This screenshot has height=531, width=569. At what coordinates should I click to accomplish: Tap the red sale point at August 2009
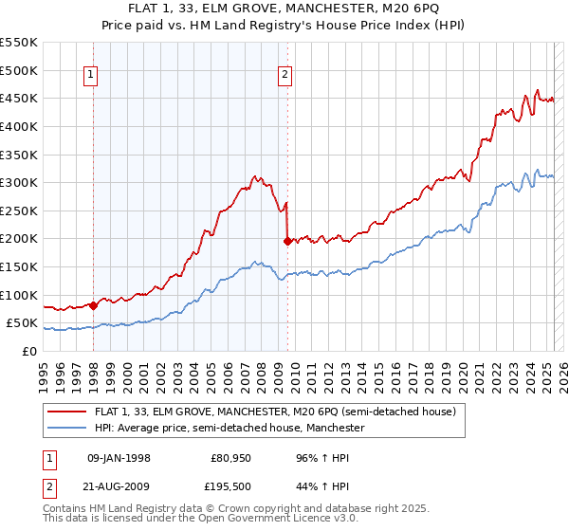[x=287, y=241]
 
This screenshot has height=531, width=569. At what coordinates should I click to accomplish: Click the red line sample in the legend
[x=67, y=412]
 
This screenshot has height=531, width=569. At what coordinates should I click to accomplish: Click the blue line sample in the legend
[x=67, y=429]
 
